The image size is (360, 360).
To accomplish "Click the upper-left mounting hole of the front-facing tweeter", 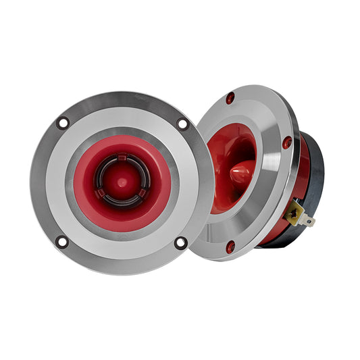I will coord(63,123).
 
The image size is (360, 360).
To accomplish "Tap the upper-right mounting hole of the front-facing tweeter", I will coord(182,124).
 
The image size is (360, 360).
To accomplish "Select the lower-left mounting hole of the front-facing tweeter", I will coord(61,241).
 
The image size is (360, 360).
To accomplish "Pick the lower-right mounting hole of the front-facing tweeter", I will coord(180,242).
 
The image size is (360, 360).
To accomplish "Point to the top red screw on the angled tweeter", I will coord(230,98).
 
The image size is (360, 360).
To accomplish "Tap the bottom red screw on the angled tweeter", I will coord(230,247).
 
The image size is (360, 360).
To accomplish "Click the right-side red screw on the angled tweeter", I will coord(287,143).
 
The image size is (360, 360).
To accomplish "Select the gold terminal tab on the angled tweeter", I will coord(297,215).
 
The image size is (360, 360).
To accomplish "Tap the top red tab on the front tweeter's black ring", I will coord(122,157).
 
